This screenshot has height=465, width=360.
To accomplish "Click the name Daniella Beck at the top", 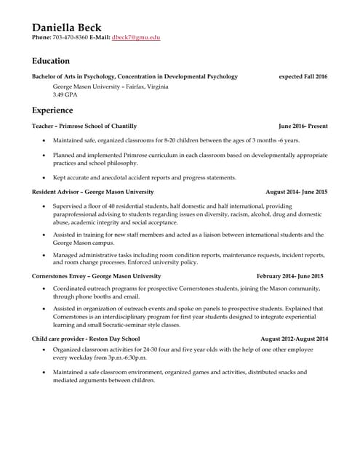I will (x=66, y=28).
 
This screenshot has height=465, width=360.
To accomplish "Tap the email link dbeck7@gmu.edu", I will (x=137, y=37).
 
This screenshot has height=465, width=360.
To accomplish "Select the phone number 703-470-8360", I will (x=71, y=37).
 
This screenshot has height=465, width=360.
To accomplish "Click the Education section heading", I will (x=50, y=61).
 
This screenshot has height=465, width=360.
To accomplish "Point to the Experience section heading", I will (x=52, y=110).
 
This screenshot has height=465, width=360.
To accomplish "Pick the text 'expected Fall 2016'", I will (x=303, y=76).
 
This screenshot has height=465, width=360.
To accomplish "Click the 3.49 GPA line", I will (x=65, y=94).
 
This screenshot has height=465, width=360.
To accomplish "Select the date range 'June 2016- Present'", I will (x=303, y=126).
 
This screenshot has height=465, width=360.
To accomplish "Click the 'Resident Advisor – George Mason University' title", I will (x=93, y=192).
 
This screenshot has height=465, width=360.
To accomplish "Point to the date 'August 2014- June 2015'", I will (x=297, y=192).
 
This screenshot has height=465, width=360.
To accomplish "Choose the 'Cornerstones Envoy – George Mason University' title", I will (x=97, y=276).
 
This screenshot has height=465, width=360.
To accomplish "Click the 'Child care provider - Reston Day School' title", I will (x=87, y=339).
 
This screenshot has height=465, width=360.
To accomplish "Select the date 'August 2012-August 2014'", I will (x=294, y=339).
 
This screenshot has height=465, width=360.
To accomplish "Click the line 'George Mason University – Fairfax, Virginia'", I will (x=111, y=86).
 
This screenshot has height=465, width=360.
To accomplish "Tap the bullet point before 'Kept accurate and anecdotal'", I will (x=44, y=178).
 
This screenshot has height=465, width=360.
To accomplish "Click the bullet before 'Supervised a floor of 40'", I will (x=44, y=206).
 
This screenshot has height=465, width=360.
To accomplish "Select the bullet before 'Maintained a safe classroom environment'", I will (x=44, y=373).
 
